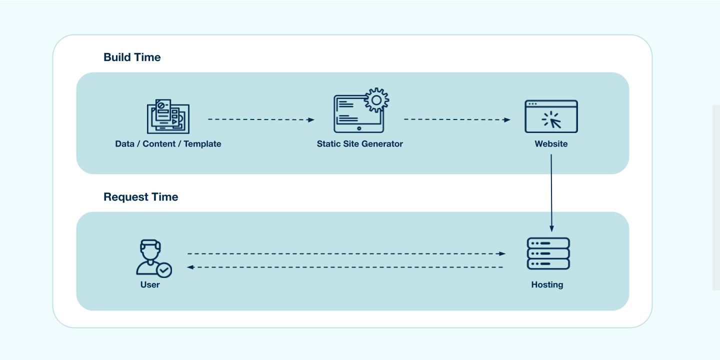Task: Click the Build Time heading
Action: [132, 57]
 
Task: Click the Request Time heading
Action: [140, 197]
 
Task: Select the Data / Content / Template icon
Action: [168, 116]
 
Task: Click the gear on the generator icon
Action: [376, 100]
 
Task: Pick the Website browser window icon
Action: [551, 116]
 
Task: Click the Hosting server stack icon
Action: [548, 253]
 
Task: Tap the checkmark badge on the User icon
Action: [163, 270]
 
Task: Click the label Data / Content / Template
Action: [168, 144]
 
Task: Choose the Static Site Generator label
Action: [359, 144]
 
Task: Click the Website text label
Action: [551, 144]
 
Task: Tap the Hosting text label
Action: [547, 285]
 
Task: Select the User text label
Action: [150, 285]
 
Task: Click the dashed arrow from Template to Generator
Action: [260, 119]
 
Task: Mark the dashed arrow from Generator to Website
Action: [456, 119]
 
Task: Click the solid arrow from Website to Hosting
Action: [551, 192]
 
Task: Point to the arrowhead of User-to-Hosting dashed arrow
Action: [502, 253]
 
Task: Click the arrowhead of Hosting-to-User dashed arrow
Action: [190, 267]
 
